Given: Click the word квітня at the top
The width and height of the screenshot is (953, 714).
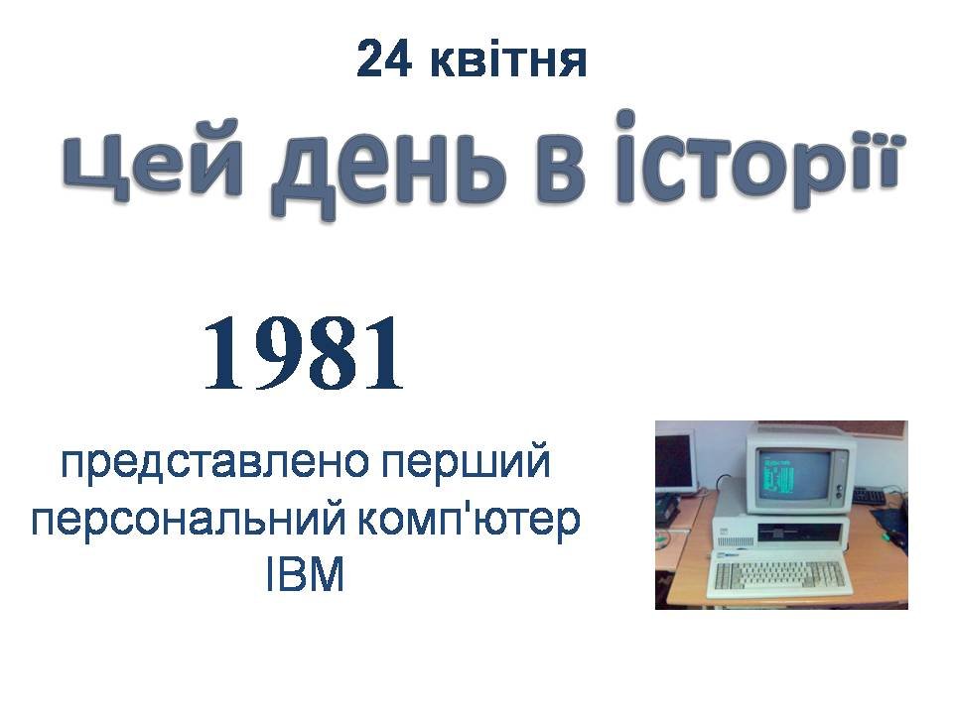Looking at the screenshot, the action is (508, 59).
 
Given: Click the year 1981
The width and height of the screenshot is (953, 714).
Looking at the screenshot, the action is (304, 353).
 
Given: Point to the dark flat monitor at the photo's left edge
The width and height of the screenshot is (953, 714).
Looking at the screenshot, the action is (673, 463).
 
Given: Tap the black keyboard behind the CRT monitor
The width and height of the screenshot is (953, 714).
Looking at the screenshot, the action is (870, 496).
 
